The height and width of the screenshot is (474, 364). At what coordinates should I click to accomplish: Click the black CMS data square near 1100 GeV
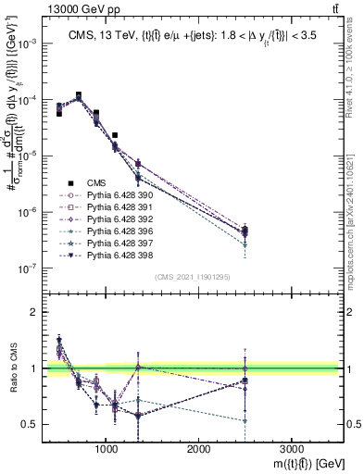tap(115, 135)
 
